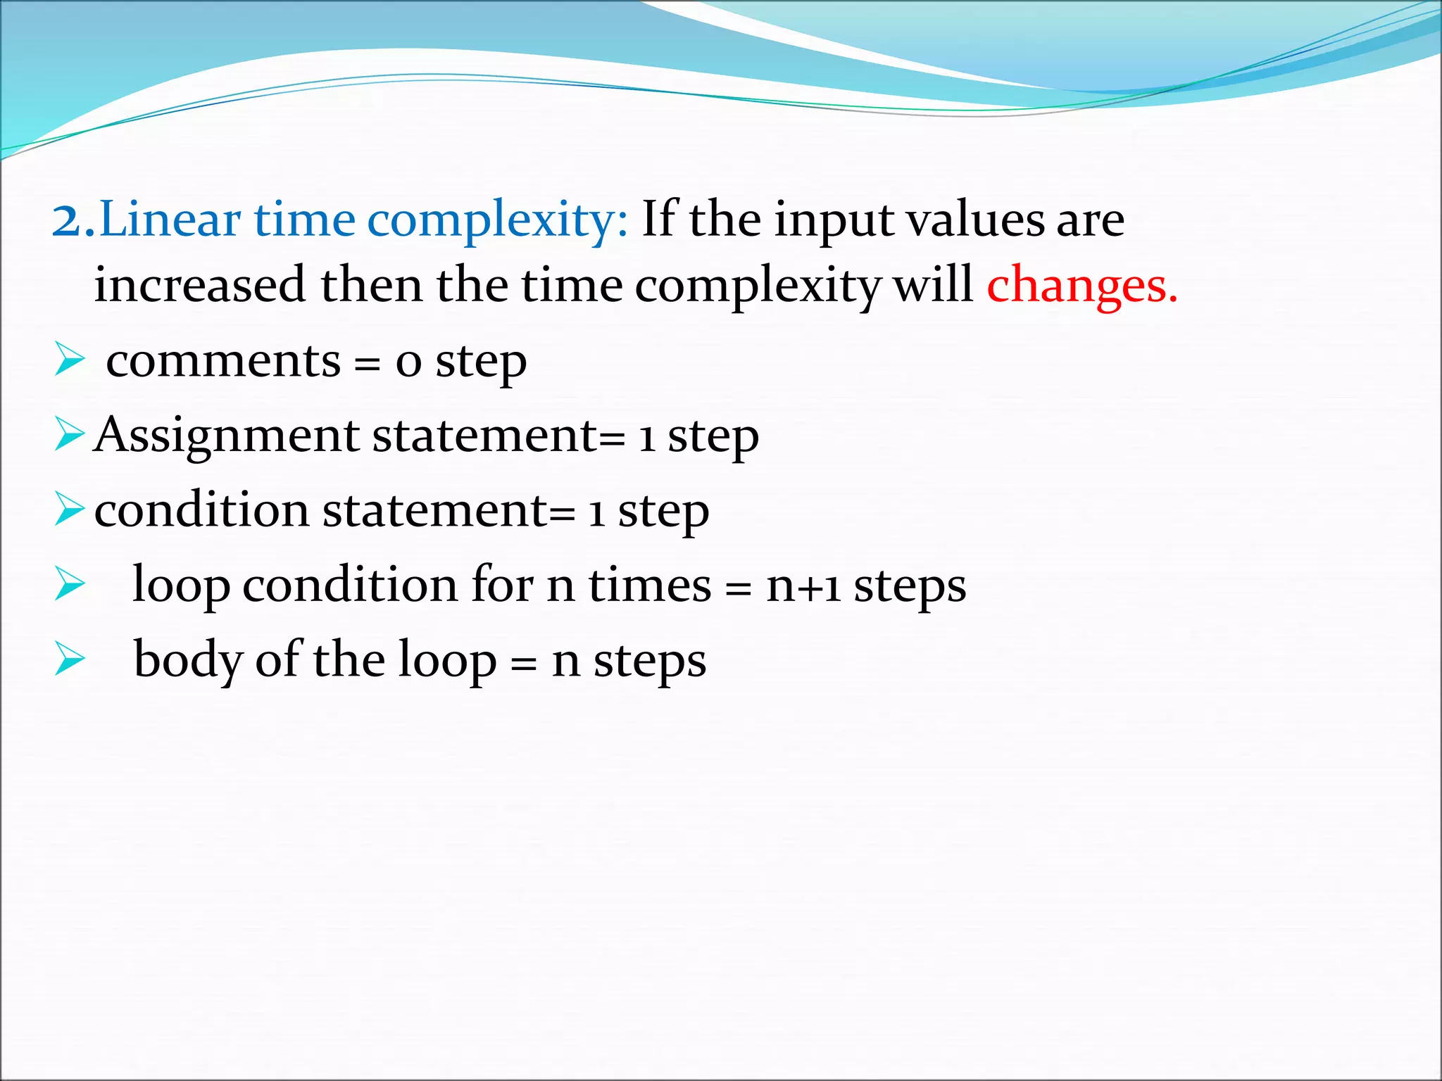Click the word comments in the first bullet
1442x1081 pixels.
pyautogui.click(x=223, y=362)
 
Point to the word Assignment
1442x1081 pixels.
pyautogui.click(x=227, y=436)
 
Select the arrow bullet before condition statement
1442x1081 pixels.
pyautogui.click(x=69, y=510)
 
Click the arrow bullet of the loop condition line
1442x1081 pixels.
pyautogui.click(x=69, y=585)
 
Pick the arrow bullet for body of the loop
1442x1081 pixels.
pyautogui.click(x=69, y=659)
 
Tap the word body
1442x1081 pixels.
pyautogui.click(x=187, y=660)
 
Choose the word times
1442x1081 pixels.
pyautogui.click(x=649, y=586)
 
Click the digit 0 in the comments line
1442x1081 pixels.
pyautogui.click(x=408, y=363)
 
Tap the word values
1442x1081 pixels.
pyautogui.click(x=975, y=220)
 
